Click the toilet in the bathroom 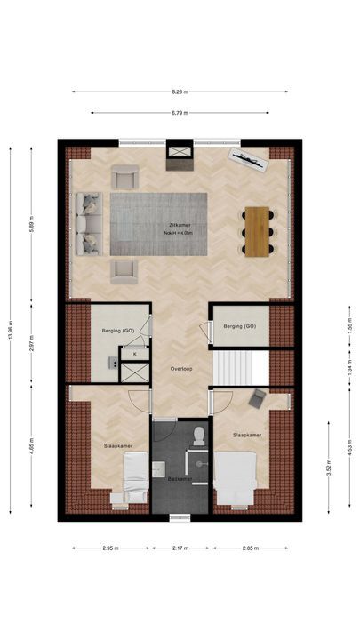[199, 433]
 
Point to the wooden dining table [258, 231]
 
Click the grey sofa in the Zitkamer [87, 222]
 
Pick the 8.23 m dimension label [180, 91]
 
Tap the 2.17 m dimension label [180, 548]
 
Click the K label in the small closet [134, 354]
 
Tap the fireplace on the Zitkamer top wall [180, 158]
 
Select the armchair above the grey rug [125, 177]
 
